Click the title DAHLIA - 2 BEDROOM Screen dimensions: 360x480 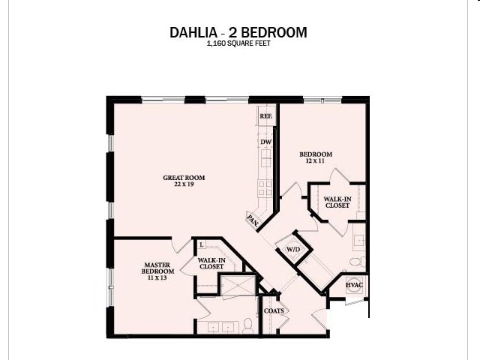click(239, 33)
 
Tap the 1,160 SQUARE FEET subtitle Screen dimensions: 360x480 click(239, 44)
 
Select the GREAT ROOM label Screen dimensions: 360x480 click(184, 178)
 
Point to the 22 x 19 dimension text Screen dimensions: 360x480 click(184, 184)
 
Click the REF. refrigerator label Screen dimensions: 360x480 click(265, 117)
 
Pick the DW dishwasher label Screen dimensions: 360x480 click(265, 142)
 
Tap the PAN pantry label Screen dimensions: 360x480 click(253, 220)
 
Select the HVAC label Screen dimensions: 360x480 click(355, 286)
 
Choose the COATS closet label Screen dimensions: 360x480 click(274, 310)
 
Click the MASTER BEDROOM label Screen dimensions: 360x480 click(158, 268)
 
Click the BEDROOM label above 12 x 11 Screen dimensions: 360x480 click(316, 154)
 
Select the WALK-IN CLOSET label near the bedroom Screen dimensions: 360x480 click(337, 202)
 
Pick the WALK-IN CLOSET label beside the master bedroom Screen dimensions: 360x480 click(211, 262)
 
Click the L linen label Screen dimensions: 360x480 click(202, 244)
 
